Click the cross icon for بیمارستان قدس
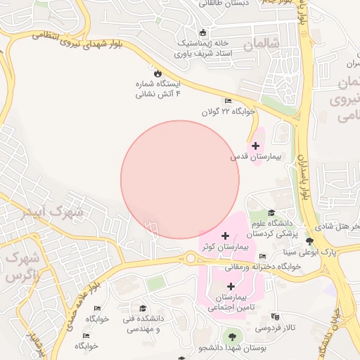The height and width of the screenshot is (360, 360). click(255, 146)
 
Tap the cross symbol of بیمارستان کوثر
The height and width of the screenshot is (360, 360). click(225, 235)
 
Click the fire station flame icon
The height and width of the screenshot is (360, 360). click(157, 73)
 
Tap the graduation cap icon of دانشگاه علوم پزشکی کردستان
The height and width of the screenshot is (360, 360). click(271, 213)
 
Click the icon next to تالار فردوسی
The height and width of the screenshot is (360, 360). click(274, 317)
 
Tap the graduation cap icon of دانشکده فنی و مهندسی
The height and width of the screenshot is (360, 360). click(143, 309)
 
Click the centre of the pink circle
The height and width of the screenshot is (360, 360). click(180, 179)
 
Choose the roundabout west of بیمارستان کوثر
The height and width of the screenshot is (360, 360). click(190, 259)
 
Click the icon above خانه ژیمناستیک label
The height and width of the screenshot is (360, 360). click(203, 32)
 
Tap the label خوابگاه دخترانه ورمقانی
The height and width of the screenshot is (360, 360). click(263, 266)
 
